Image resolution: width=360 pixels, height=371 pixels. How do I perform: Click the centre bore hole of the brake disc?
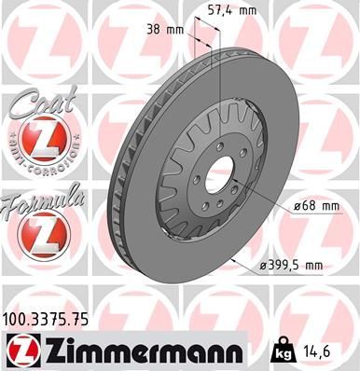pos(220,174)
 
